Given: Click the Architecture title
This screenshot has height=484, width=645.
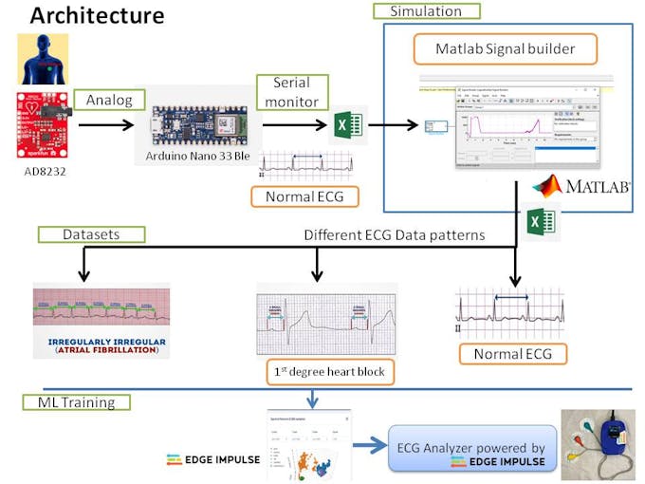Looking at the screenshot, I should [97, 16].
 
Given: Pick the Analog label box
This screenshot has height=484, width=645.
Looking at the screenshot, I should [108, 99].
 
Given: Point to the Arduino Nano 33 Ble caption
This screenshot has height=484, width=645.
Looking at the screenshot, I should [198, 155].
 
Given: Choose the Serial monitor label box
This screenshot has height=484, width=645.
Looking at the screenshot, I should [291, 91].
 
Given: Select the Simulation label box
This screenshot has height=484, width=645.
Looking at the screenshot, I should [426, 11].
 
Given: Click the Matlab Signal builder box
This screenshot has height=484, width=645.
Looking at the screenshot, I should [505, 48].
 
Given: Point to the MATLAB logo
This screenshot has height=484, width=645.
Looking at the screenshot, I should [581, 185].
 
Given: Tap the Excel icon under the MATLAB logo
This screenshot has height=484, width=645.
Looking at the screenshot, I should [541, 223].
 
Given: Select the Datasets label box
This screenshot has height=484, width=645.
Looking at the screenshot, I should [91, 233].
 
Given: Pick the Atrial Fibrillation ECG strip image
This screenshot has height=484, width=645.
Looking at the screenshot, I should [101, 319].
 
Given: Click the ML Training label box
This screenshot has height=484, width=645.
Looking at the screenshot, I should [76, 402].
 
